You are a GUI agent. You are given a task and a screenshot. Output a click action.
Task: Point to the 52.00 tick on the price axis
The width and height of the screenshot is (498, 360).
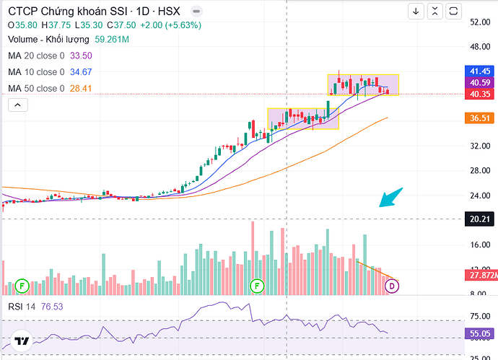pyautogui.click(x=479, y=22)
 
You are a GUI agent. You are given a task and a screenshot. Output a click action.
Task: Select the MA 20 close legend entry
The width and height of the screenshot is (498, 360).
pyautogui.click(x=36, y=56)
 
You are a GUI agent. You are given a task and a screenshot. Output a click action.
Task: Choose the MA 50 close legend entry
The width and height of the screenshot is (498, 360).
pyautogui.click(x=36, y=88)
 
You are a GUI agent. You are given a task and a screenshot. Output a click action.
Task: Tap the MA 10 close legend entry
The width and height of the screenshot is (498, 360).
pyautogui.click(x=36, y=72)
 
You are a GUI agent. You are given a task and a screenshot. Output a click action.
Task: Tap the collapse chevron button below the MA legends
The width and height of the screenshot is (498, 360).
pyautogui.click(x=17, y=105)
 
